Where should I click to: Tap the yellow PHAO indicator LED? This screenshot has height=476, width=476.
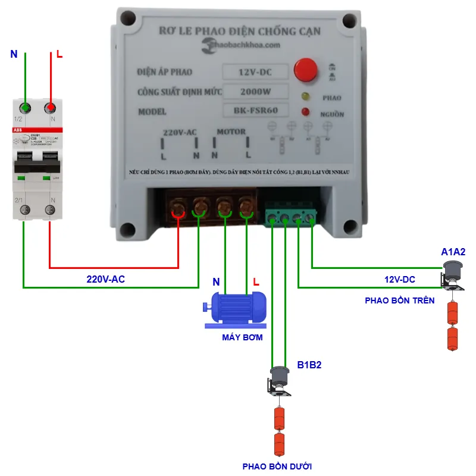pyautogui.click(x=305, y=96)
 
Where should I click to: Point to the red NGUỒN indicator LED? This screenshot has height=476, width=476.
pyautogui.click(x=305, y=111)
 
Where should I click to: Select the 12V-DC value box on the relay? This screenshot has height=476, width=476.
pyautogui.click(x=255, y=73)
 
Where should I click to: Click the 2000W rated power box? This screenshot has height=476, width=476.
pyautogui.click(x=255, y=92)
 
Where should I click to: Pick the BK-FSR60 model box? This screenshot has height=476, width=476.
pyautogui.click(x=255, y=110)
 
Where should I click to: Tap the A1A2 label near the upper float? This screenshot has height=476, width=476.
pyautogui.click(x=453, y=252)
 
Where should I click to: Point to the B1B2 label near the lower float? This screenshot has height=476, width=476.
pyautogui.click(x=309, y=365)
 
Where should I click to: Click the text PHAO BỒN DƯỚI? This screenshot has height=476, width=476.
pyautogui.click(x=277, y=466)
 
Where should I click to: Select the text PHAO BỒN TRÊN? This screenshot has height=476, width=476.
pyautogui.click(x=400, y=300)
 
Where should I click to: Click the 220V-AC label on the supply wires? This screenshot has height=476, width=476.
pyautogui.click(x=106, y=278)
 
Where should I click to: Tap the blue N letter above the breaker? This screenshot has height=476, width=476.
pyautogui.click(x=14, y=55)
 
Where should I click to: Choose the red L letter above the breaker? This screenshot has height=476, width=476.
pyautogui.click(x=59, y=55)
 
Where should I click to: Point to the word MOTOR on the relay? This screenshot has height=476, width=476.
pyautogui.click(x=231, y=131)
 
